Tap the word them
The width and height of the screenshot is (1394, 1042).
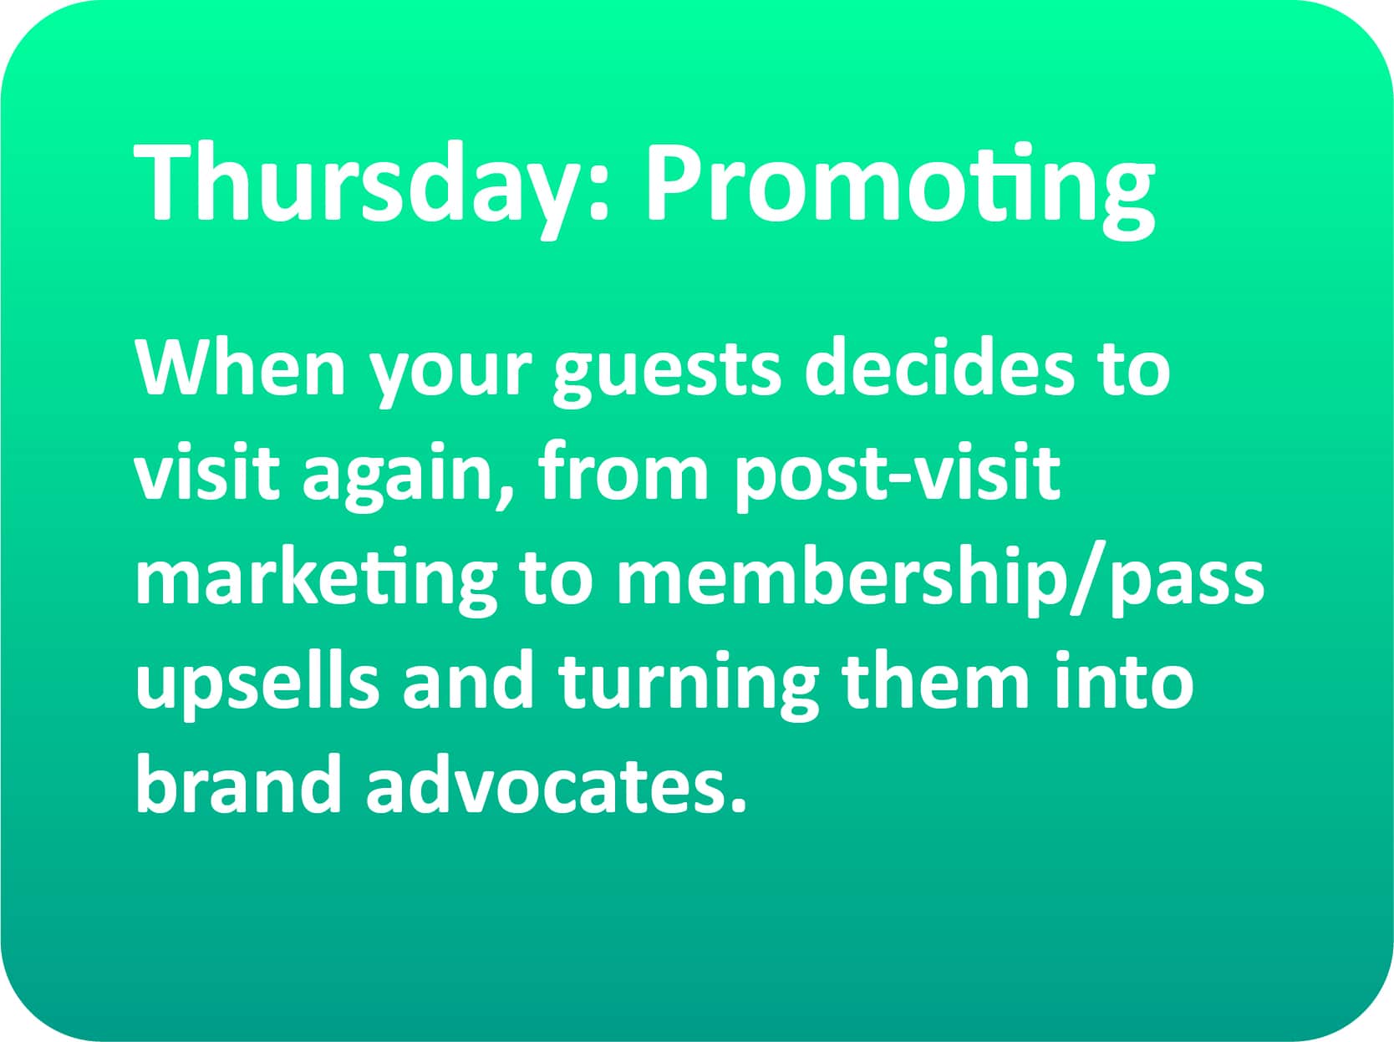click(935, 679)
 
